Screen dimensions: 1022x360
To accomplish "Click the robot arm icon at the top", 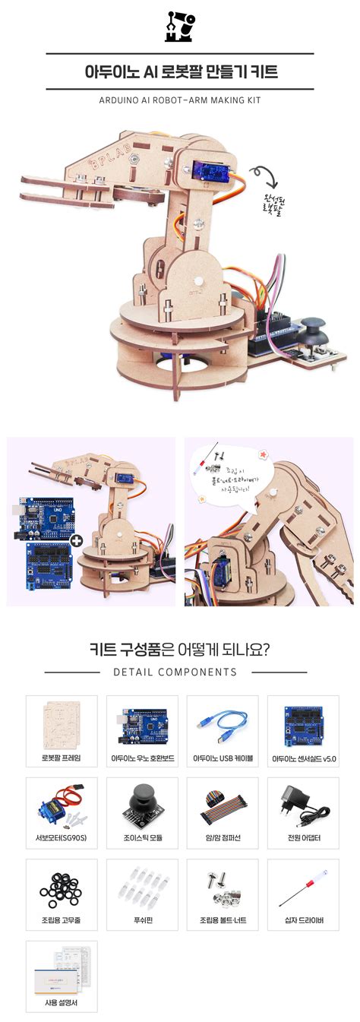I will click(179, 26).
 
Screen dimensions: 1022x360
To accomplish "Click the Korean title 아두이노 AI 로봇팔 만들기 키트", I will click(180, 72).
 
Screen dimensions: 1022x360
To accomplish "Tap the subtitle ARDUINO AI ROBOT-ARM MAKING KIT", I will click(180, 100).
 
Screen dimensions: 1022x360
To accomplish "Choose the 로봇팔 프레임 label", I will click(62, 758).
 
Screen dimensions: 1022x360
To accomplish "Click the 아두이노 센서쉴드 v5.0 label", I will click(303, 758).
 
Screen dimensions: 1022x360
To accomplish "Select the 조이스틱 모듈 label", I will click(142, 839).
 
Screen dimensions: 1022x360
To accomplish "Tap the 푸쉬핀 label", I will click(142, 921).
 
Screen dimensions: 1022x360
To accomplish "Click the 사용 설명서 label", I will click(62, 1002).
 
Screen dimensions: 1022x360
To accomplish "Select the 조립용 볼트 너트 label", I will click(223, 921).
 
